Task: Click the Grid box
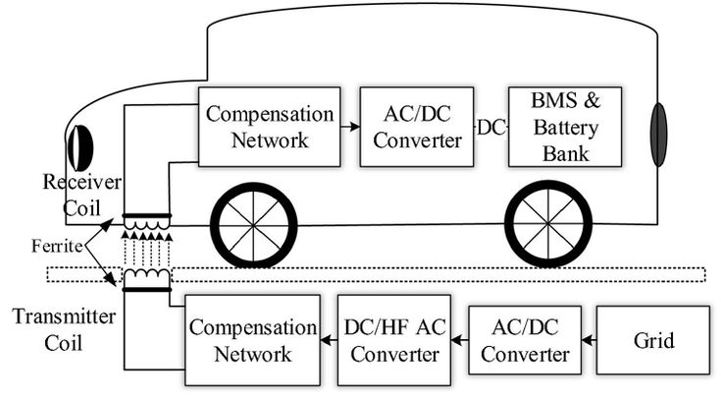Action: (653, 339)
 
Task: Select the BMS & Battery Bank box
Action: (565, 126)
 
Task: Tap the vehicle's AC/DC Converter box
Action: (410, 126)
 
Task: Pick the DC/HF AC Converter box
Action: (394, 339)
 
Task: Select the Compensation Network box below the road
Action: (254, 339)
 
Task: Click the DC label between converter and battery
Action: (492, 127)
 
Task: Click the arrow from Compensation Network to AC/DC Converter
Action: (349, 127)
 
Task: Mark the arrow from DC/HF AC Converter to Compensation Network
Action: (329, 340)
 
